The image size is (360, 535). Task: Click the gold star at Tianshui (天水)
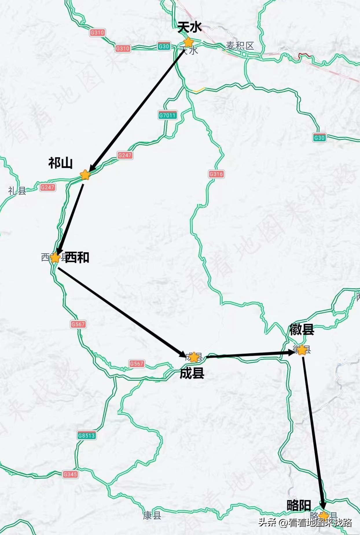pyautogui.click(x=188, y=42)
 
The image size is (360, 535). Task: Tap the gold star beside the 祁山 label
pyautogui.click(x=85, y=175)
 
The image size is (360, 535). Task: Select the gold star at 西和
pyautogui.click(x=55, y=257)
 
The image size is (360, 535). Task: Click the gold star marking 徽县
pyautogui.click(x=302, y=350)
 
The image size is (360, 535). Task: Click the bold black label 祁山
pyautogui.click(x=60, y=163)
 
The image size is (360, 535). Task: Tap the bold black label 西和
pyautogui.click(x=77, y=257)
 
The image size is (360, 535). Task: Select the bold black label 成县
pyautogui.click(x=192, y=373)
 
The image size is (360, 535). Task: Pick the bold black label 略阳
pyautogui.click(x=299, y=505)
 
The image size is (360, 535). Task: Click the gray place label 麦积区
pyautogui.click(x=240, y=46)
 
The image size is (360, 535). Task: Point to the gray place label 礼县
pyautogui.click(x=17, y=191)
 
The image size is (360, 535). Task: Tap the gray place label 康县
pyautogui.click(x=152, y=515)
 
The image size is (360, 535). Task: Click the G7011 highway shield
pyautogui.click(x=168, y=115)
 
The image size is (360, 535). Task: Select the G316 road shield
pyautogui.click(x=216, y=174)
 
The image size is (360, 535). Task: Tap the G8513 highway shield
pyautogui.click(x=86, y=435)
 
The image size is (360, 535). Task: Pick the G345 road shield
pyautogui.click(x=70, y=474)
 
